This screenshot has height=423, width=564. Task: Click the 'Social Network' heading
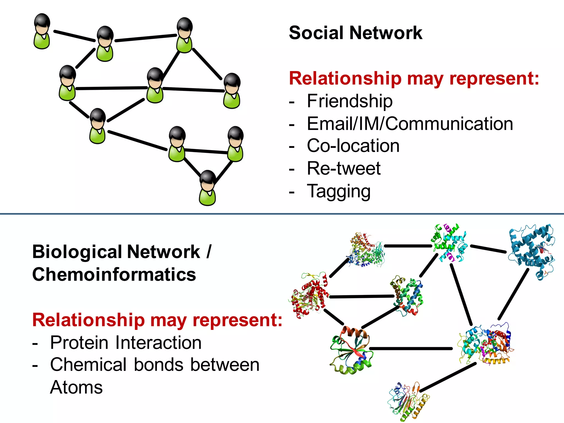pos(355,33)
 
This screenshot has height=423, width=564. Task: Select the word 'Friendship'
pos(349,101)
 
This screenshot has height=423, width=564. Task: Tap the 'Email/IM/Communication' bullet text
pos(410,124)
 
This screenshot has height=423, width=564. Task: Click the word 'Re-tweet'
pos(343,168)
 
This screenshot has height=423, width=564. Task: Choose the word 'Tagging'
pos(338,191)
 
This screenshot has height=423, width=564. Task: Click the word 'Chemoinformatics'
pos(114,275)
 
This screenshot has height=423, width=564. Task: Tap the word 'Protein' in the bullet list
pos(79,343)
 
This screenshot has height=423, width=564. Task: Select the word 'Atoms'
pos(76,387)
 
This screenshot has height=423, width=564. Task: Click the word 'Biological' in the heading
pos(77,252)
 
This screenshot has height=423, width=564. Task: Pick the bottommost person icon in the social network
pos(207,188)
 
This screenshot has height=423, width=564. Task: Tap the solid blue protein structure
pos(532,251)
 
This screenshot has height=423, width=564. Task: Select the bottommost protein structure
pos(408,402)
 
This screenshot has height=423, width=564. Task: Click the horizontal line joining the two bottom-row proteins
pos(410,349)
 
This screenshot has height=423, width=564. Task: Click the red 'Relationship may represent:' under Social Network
pos(414,78)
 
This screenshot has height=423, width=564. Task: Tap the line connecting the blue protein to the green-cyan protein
pos(488,249)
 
